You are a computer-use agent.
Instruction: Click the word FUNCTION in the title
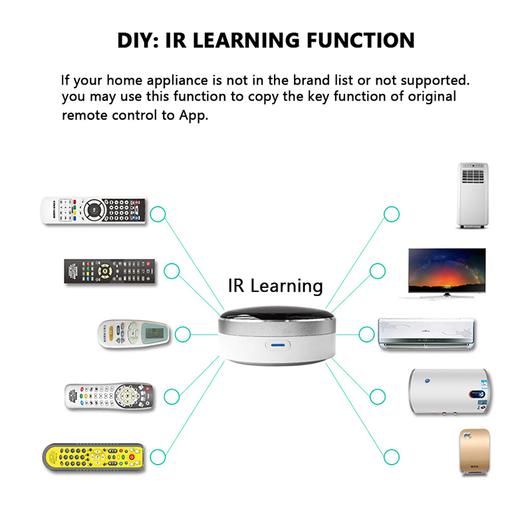pos(360,41)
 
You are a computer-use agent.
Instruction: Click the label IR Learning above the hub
pos(275,286)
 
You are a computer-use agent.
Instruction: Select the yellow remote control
pos(94,458)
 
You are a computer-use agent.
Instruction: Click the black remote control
pos(110,271)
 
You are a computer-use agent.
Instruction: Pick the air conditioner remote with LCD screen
pos(134,334)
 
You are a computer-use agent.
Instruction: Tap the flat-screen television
pos(446,273)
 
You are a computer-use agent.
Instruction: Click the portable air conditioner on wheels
pos(473,196)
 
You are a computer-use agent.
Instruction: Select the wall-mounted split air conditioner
pos(426,334)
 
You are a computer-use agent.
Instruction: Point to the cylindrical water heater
pos(450,392)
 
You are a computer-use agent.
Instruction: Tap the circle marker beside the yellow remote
pos(158,457)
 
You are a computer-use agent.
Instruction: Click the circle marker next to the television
pos(378,271)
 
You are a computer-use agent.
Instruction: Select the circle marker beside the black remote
pos(172,271)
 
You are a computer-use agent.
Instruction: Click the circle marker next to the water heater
pos(378,396)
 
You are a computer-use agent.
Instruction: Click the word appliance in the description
pos(177,81)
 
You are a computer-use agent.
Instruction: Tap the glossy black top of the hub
pos(277,315)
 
